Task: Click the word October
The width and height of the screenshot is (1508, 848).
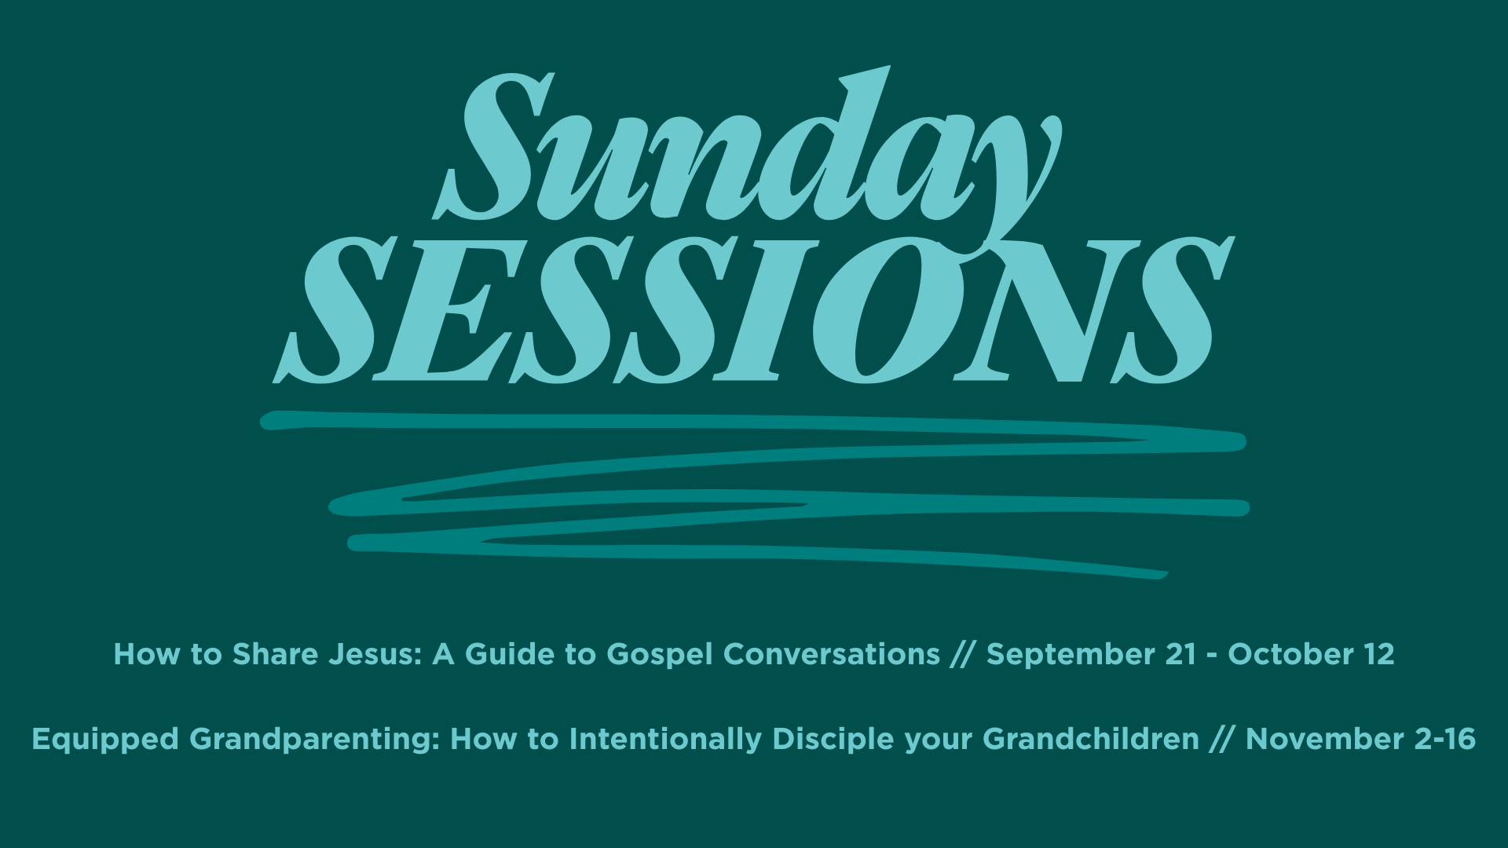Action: pos(1287,654)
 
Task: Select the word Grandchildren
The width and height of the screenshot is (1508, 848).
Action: pos(1091,739)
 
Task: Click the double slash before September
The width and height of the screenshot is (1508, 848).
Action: pos(963,655)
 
